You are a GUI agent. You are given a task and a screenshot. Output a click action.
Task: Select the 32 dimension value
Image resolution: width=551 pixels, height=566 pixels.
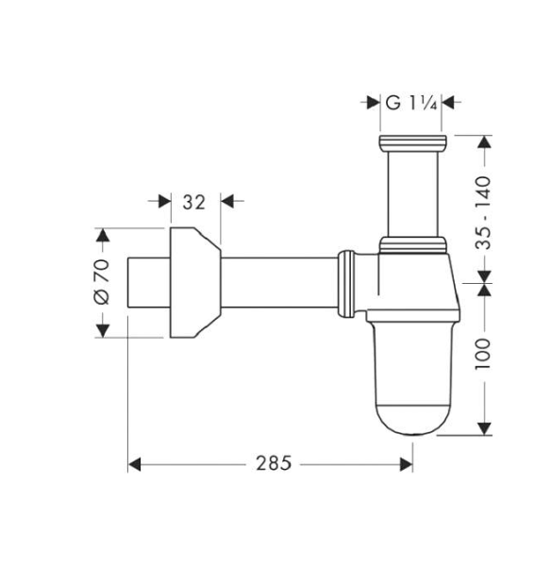193,201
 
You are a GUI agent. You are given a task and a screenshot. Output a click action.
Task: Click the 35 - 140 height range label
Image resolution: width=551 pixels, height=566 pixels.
483,211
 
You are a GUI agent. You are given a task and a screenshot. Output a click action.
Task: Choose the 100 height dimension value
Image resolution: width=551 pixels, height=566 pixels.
483,356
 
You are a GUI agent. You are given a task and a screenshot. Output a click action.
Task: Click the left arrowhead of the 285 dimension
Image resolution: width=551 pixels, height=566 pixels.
134,463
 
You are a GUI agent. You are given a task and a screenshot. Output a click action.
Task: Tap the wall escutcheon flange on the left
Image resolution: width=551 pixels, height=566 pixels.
192,281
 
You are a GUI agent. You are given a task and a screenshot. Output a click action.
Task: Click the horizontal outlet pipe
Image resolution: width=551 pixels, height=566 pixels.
278,281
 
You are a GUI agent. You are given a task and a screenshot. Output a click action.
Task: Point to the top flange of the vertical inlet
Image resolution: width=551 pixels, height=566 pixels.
411,143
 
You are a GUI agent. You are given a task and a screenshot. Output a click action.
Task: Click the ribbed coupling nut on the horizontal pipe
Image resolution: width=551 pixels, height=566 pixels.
347,281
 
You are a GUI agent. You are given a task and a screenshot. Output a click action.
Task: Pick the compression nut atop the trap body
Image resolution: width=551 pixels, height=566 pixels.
411,246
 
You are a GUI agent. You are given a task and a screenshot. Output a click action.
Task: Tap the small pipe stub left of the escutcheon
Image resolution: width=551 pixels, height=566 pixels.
147,281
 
